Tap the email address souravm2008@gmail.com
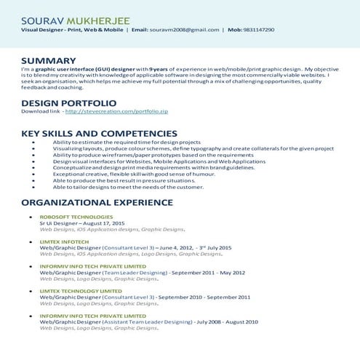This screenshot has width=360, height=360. click(x=185, y=30)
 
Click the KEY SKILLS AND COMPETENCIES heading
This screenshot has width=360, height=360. click(x=99, y=134)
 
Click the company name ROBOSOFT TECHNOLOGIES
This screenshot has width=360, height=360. click(x=76, y=217)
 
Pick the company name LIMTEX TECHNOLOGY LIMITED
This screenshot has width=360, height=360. click(x=81, y=291)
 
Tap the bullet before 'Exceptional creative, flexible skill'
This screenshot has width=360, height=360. click(x=35, y=175)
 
